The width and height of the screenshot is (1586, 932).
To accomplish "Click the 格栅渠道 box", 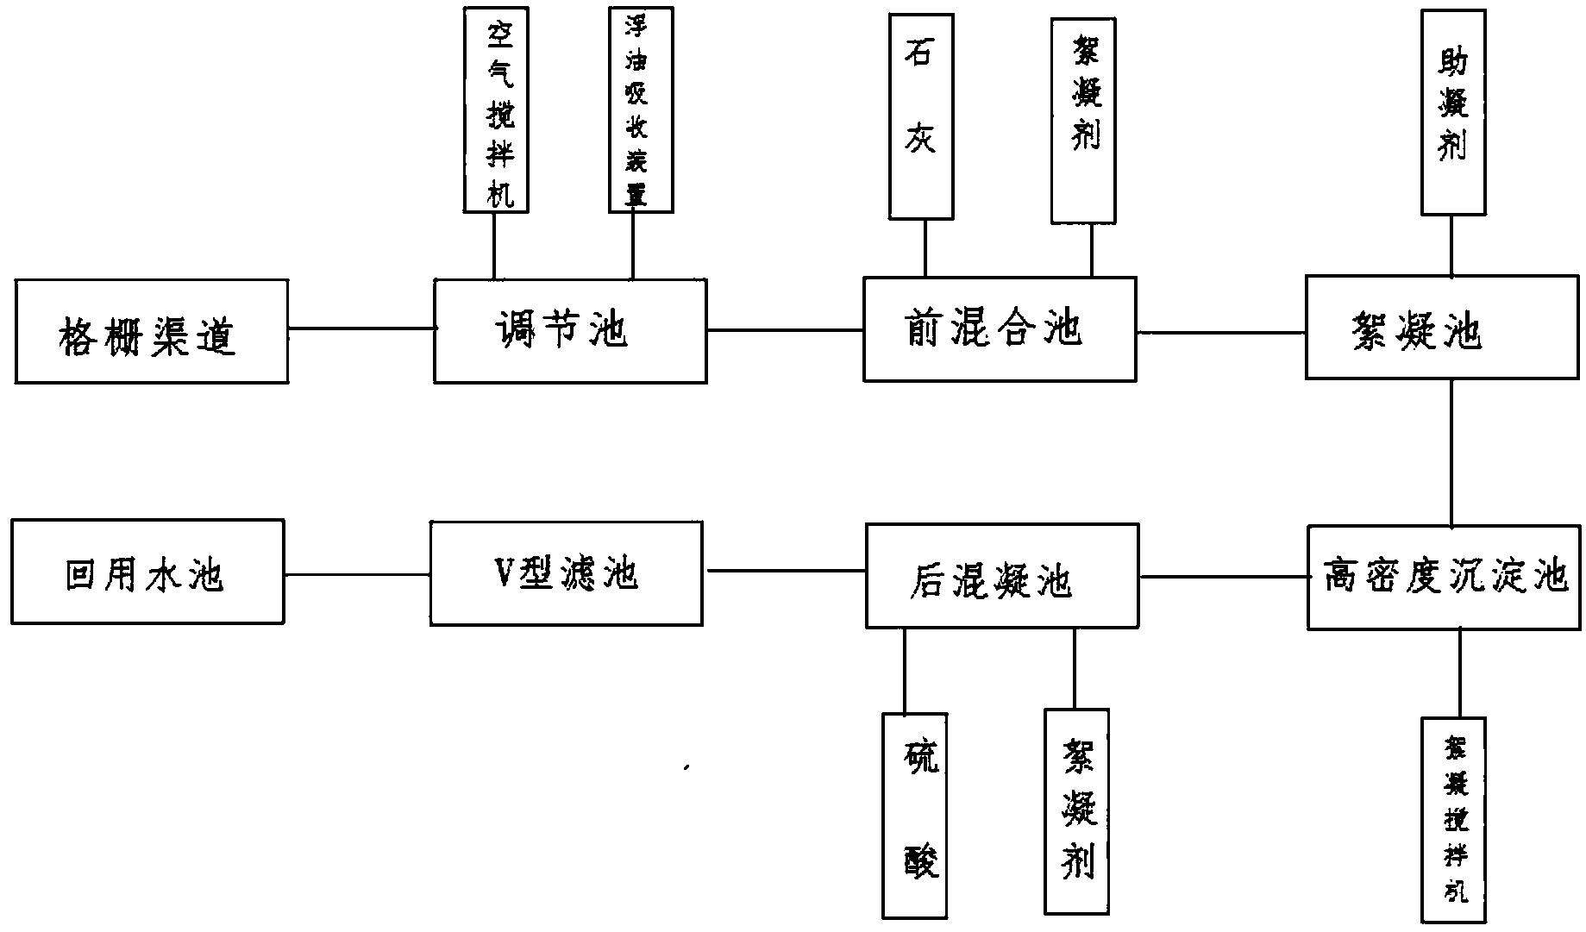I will [151, 331].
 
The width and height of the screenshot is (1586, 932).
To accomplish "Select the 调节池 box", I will [570, 330].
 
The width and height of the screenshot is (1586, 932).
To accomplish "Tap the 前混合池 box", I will [1000, 328].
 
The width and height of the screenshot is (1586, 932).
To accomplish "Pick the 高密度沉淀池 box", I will [1445, 577].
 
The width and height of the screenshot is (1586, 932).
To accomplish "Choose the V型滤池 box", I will [566, 572].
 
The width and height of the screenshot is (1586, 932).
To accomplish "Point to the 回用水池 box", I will [147, 572].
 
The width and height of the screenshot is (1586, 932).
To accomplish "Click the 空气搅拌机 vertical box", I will [496, 109].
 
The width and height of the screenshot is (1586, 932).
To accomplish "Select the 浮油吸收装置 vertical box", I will [640, 109].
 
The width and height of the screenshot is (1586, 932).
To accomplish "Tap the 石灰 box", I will [921, 116].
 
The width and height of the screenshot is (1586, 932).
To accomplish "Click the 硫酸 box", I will [914, 815].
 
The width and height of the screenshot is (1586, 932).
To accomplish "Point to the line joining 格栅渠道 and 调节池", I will [360, 328].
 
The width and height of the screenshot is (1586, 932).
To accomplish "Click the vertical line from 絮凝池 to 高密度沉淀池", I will [1451, 453].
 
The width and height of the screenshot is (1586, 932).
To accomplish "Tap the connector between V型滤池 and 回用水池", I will [357, 573].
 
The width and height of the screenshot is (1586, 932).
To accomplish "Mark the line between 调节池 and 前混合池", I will [785, 329].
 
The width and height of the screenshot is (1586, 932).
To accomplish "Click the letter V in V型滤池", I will [500, 573].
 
